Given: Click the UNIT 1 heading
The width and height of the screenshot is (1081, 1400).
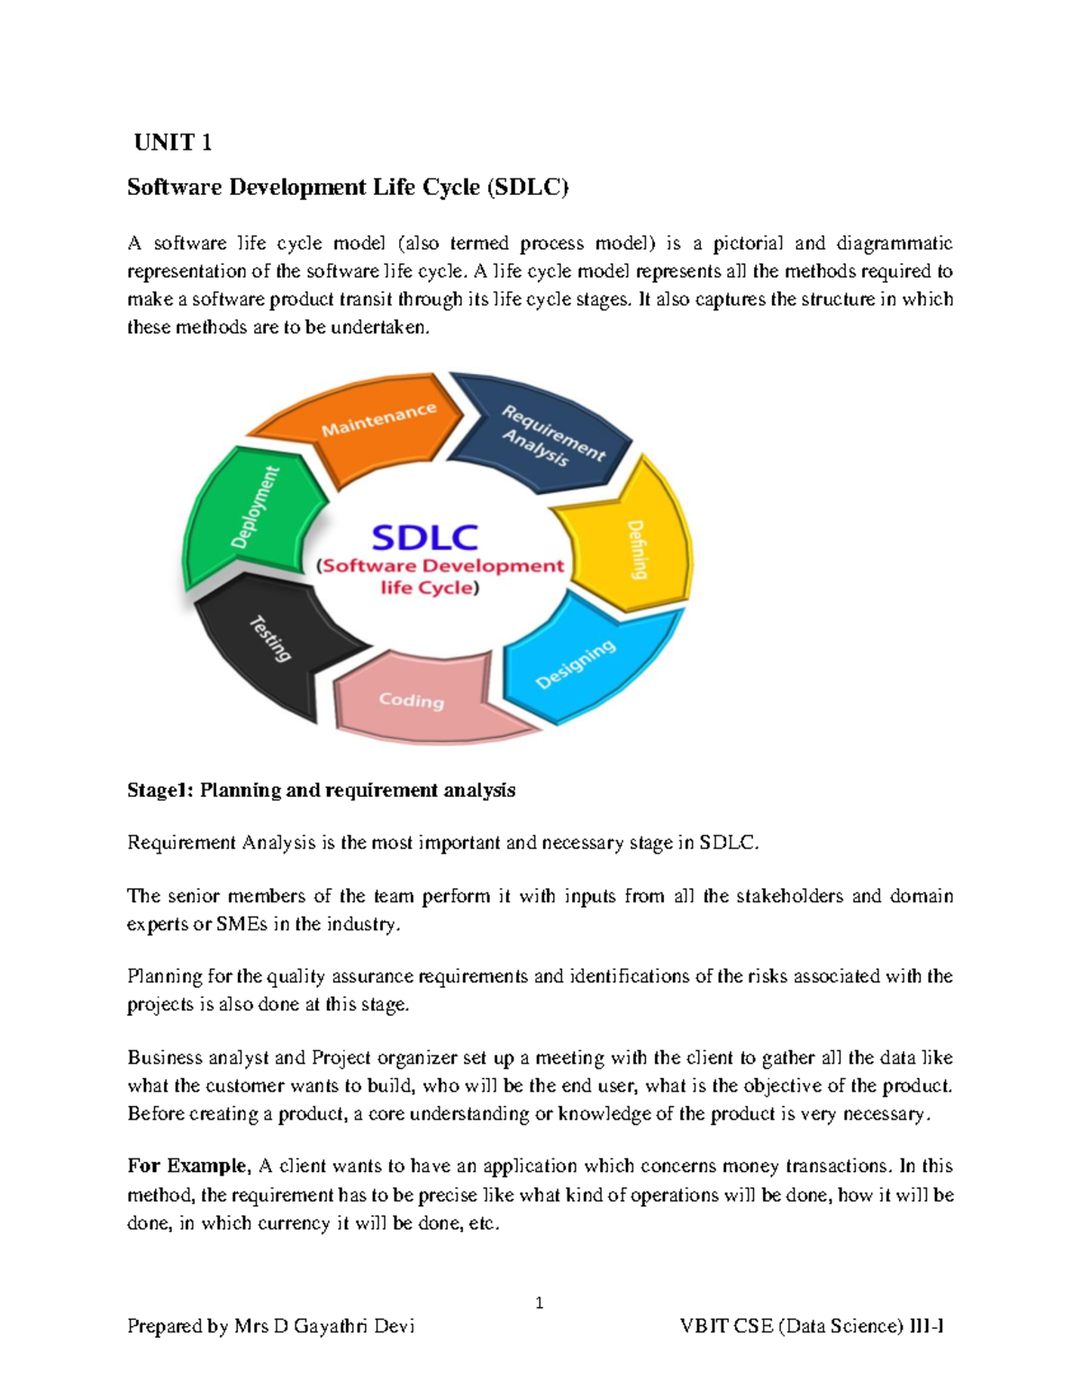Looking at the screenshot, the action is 172,142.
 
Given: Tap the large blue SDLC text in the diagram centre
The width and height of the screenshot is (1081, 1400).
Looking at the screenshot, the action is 424,538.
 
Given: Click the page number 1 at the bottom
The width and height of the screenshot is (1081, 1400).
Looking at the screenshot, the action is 539,1303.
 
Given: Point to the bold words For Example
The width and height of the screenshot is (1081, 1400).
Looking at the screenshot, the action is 186,1166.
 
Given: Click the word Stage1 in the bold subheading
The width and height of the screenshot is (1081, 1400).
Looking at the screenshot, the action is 160,791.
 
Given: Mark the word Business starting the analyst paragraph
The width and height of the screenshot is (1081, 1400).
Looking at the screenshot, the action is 164,1057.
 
